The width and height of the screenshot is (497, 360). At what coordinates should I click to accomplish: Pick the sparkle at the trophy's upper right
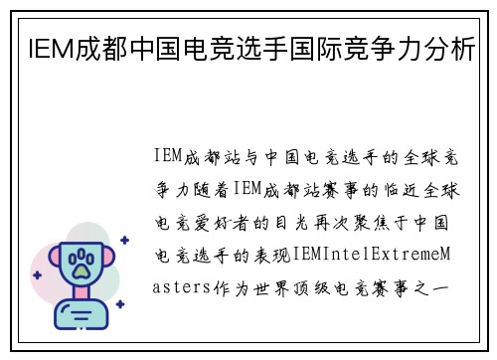124,239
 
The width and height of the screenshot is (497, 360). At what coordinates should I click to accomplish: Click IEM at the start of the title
39,48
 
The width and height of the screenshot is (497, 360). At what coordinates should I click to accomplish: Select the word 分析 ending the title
447,48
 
